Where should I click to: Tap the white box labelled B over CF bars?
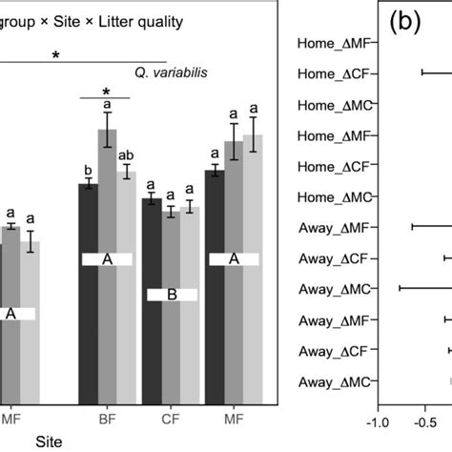point(172,296)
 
